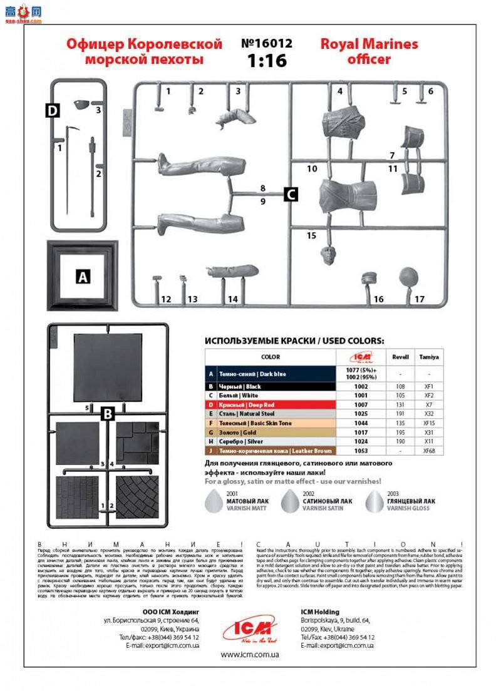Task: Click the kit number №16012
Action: tap(267, 44)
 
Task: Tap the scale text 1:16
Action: tap(267, 61)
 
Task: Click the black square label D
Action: tap(53, 111)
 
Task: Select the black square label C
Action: tap(290, 194)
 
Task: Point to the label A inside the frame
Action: tap(83, 275)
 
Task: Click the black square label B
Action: tap(107, 413)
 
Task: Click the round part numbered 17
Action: tap(408, 275)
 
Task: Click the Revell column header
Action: tap(400, 357)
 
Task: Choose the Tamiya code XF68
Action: tap(429, 450)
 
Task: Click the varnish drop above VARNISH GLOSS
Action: tap(374, 498)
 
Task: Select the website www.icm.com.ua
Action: tap(250, 655)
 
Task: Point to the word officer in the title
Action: tap(369, 59)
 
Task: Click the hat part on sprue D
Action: tap(81, 104)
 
